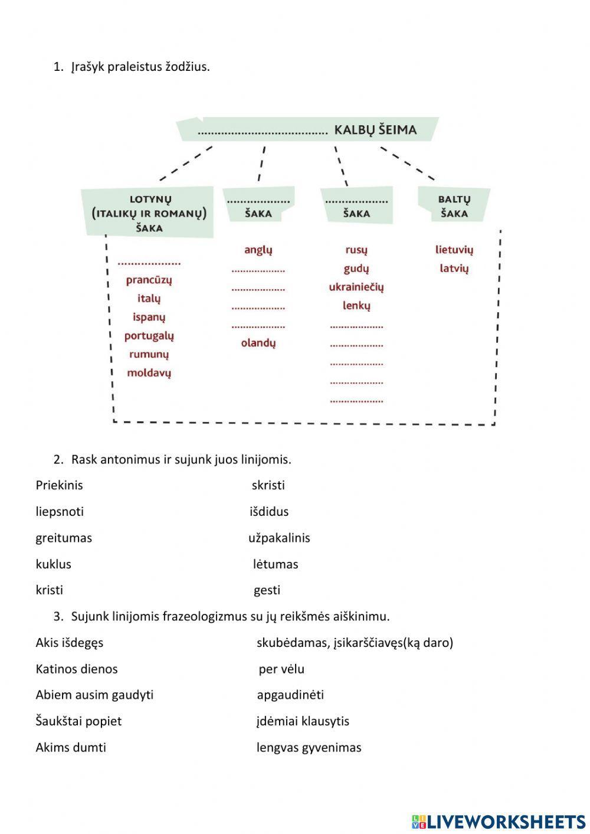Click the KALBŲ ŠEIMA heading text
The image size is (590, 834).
[375, 130]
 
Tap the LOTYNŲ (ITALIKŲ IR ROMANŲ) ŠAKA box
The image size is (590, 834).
[149, 213]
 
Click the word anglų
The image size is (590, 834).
[258, 250]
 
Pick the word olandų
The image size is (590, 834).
[258, 343]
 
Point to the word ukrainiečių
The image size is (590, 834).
[356, 287]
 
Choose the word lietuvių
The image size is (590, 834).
[454, 250]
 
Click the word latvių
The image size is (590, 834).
[454, 269]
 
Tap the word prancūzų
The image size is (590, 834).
[149, 280]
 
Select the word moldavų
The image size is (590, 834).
[149, 373]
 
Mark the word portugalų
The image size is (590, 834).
[149, 336]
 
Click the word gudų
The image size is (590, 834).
[356, 269]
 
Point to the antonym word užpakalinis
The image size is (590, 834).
[279, 538]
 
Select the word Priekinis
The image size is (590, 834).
[59, 485]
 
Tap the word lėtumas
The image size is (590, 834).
[276, 564]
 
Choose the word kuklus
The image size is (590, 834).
[53, 564]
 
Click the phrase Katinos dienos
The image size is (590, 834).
[77, 669]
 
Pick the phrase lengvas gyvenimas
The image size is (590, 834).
[309, 748]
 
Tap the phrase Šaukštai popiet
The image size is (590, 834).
[78, 721]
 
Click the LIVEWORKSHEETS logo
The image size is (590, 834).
[499, 821]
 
